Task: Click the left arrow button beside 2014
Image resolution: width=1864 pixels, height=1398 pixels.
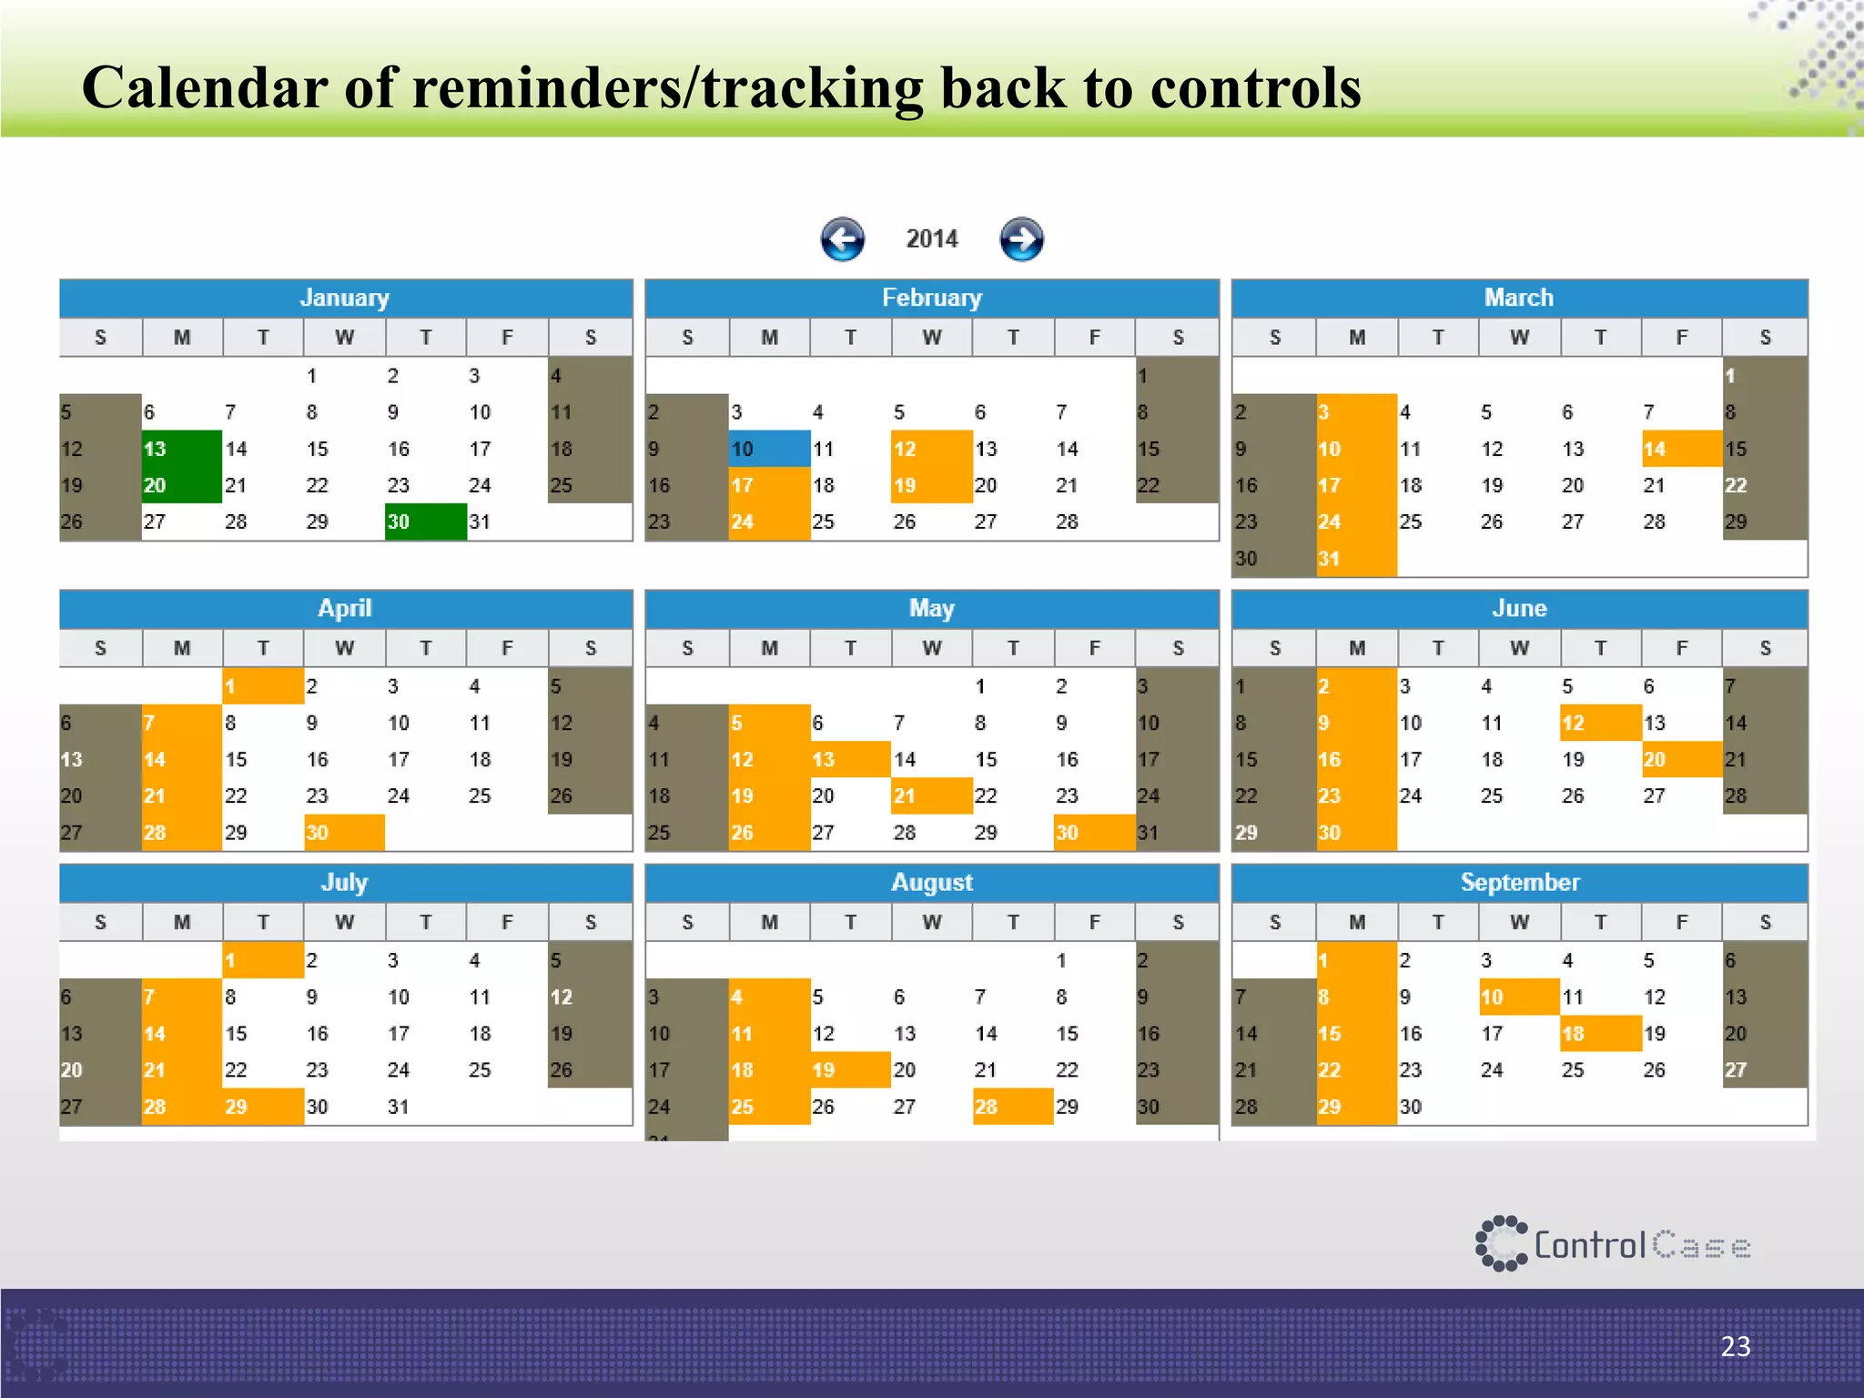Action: click(842, 239)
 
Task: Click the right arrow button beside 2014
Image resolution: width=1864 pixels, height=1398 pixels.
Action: click(1021, 239)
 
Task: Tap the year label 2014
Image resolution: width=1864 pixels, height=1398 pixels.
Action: click(932, 239)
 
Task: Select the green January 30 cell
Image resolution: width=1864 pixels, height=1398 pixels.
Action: click(425, 522)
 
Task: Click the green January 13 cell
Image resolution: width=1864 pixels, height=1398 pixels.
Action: click(182, 449)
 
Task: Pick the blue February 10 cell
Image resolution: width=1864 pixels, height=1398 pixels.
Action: click(769, 449)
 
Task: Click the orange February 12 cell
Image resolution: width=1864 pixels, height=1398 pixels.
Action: click(931, 449)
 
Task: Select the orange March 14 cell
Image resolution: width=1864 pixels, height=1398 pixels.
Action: click(1681, 449)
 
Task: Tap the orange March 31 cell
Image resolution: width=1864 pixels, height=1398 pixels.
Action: click(1356, 558)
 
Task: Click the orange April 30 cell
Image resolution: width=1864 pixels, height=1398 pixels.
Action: click(344, 832)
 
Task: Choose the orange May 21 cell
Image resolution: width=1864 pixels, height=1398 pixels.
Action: click(931, 795)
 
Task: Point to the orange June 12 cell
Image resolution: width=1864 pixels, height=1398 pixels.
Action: click(1600, 723)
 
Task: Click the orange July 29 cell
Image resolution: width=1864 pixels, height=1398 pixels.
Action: click(263, 1106)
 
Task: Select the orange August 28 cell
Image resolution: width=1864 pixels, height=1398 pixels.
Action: click(1012, 1106)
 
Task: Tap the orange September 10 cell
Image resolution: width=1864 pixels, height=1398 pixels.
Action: click(1518, 997)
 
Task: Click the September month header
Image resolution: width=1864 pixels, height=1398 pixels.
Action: click(1519, 882)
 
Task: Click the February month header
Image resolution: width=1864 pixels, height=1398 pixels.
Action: click(931, 298)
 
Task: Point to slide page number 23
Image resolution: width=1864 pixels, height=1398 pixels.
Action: click(1735, 1346)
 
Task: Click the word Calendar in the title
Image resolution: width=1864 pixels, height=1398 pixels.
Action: click(205, 88)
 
